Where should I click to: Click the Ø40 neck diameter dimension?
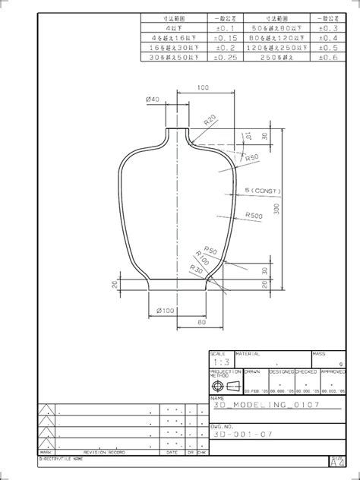151,100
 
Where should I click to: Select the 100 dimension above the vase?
203,88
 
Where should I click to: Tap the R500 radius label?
254,216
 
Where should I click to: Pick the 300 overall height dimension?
276,208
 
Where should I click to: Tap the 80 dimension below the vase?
201,322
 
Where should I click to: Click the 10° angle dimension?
247,137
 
